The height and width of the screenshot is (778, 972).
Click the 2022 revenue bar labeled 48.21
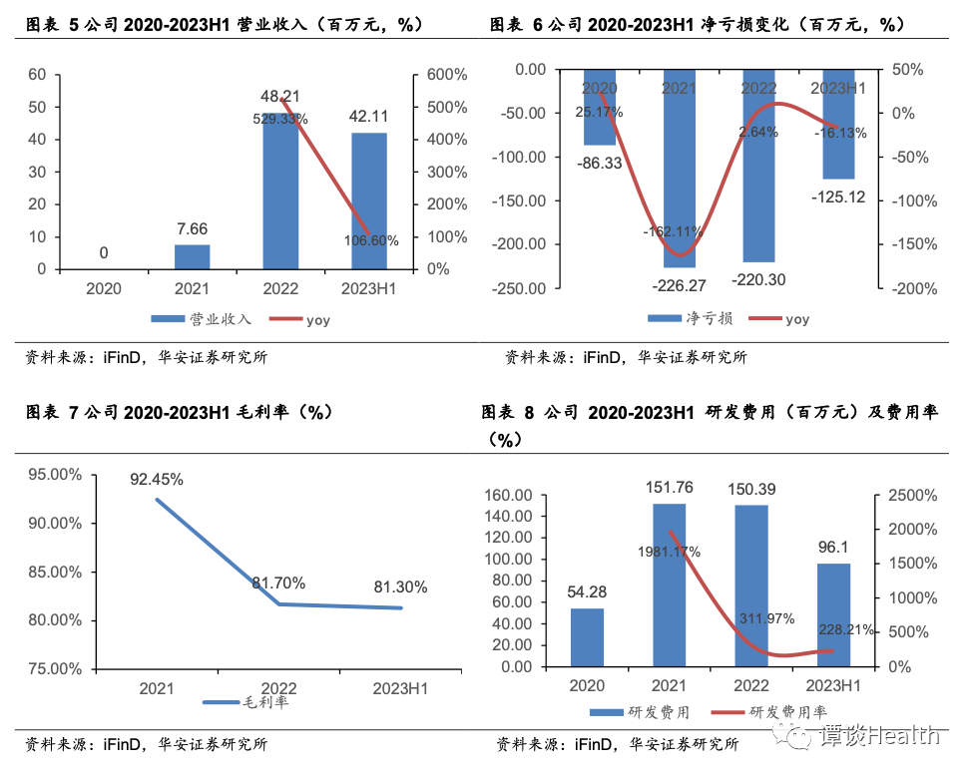[280, 190]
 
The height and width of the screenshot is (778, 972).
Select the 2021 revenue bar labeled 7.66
[193, 257]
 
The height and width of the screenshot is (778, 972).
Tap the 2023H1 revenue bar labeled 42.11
[368, 200]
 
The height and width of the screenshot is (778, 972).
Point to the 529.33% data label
[280, 119]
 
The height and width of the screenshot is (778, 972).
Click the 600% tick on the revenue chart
[440, 75]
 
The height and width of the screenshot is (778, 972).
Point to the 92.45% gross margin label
[157, 480]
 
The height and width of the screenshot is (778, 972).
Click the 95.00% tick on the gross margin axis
[56, 475]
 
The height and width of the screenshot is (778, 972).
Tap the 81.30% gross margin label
[400, 587]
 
